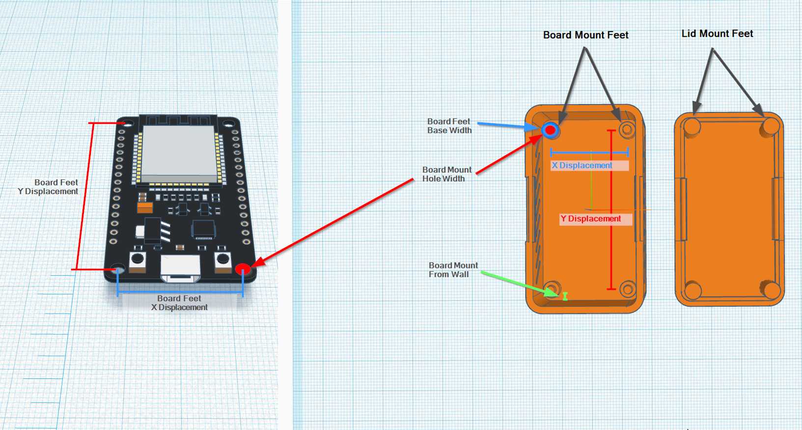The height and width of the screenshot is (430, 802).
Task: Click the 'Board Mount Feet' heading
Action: pos(585,35)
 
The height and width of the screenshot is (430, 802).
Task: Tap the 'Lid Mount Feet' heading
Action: pos(717,33)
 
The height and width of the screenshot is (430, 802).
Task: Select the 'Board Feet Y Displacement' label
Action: pos(48,187)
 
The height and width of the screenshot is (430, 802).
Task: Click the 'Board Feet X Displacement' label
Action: pos(179,303)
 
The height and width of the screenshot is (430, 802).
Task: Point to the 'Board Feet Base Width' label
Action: pos(449,126)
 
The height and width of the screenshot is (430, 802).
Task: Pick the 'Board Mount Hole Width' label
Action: pos(446,174)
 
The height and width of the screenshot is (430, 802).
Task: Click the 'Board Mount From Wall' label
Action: pos(453,270)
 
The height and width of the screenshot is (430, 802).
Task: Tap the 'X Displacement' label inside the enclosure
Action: pos(582,166)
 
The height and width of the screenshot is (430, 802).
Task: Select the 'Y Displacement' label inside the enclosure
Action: pos(591,219)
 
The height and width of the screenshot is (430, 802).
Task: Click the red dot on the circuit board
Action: pos(243,269)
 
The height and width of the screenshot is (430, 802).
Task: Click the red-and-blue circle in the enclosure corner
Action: pos(551,130)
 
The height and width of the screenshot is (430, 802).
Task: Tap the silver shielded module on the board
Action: pos(179,151)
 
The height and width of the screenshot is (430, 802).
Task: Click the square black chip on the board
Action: pos(203,229)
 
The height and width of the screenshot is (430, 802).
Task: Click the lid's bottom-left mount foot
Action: pos(693,290)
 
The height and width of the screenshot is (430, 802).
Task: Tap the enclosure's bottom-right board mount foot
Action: pos(628,289)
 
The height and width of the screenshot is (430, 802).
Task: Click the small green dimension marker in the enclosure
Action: pos(565,296)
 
